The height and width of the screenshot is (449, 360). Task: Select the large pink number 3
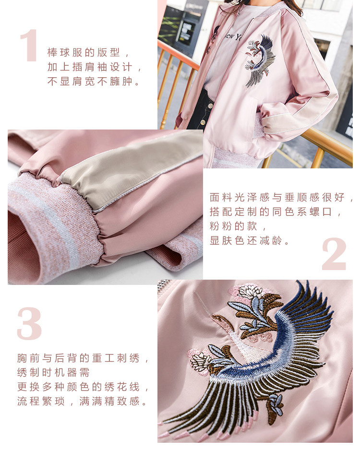[29, 324]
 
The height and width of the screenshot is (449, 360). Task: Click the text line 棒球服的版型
[88, 52]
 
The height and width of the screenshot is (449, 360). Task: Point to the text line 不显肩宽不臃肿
[94, 82]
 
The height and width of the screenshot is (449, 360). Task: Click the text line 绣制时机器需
[53, 372]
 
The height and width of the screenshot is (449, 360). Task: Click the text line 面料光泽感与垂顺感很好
[281, 197]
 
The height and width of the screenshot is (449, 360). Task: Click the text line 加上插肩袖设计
[94, 67]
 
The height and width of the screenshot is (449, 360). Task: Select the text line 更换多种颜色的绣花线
[82, 387]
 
